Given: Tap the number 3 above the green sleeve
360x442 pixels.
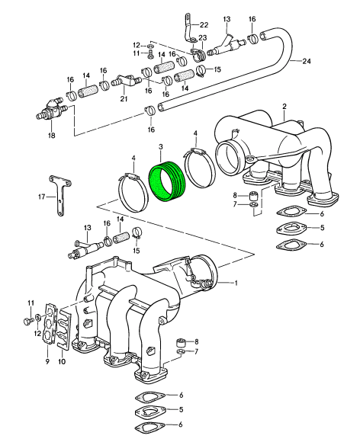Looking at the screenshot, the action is click(161, 146).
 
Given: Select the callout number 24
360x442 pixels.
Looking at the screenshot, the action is click(307, 61).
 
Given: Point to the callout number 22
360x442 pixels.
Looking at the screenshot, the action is click(204, 25).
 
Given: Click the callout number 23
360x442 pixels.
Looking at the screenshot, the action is click(203, 38).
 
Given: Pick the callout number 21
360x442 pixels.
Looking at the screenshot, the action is click(124, 98).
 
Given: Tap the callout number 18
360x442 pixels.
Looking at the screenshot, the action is click(51, 136).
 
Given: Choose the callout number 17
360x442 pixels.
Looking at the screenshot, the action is click(42, 197).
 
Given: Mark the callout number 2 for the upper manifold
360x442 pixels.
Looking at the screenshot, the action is click(284, 106).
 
